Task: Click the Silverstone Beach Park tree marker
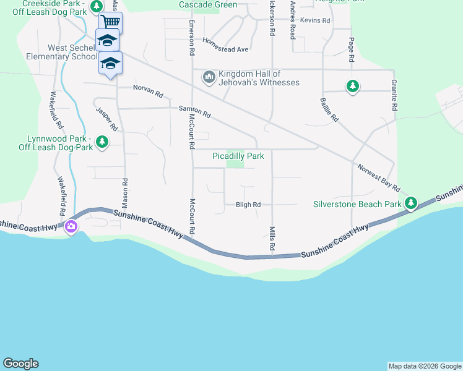tap(411, 203)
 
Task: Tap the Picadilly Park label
tap(238, 156)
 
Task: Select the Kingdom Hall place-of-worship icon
tap(209, 77)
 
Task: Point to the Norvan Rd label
tap(148, 92)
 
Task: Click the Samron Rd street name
tap(195, 111)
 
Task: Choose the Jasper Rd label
tap(106, 118)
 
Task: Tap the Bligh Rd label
tap(248, 205)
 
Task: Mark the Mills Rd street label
tap(272, 238)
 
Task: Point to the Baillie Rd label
tap(329, 109)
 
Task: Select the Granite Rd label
tap(394, 95)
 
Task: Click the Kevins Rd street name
tap(312, 20)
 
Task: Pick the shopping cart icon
tap(111, 23)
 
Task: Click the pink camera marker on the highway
tap(71, 226)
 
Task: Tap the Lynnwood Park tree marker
tap(102, 143)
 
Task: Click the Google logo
tap(20, 364)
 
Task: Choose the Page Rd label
tap(351, 49)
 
